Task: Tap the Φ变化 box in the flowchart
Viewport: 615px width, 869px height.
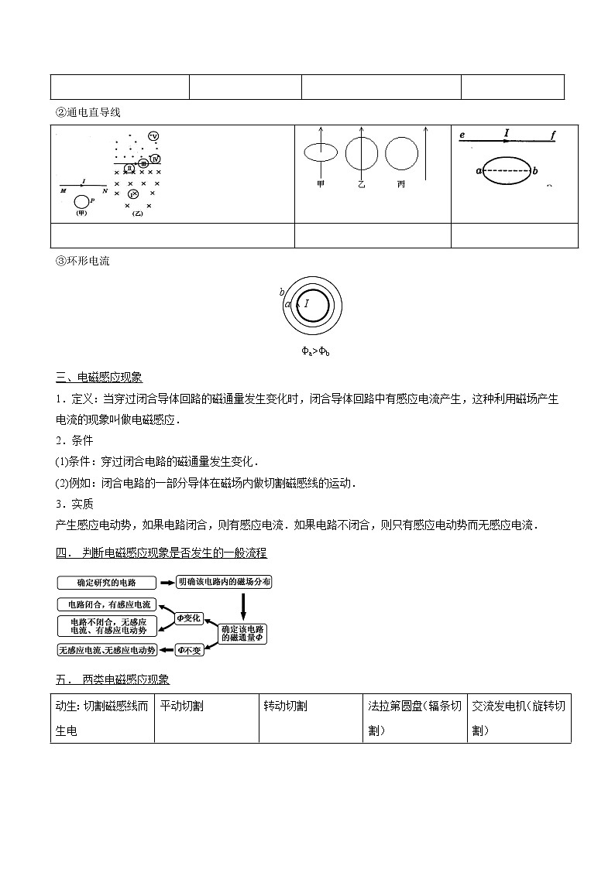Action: pyautogui.click(x=189, y=618)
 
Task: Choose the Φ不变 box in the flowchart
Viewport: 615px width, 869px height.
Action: pyautogui.click(x=190, y=650)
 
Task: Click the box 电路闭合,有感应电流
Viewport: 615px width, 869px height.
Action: pyautogui.click(x=106, y=604)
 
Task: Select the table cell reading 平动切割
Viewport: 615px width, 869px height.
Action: pyautogui.click(x=182, y=706)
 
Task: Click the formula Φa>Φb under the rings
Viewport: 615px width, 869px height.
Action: pyautogui.click(x=315, y=352)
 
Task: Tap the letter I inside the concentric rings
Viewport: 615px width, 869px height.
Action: pyautogui.click(x=307, y=304)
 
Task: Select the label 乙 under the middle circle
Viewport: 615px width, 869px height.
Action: pyautogui.click(x=360, y=184)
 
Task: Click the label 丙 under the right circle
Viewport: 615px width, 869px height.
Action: pyautogui.click(x=400, y=184)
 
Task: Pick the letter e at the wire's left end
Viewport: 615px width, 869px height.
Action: pyautogui.click(x=462, y=135)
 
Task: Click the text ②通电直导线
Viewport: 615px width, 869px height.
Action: pyautogui.click(x=88, y=112)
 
